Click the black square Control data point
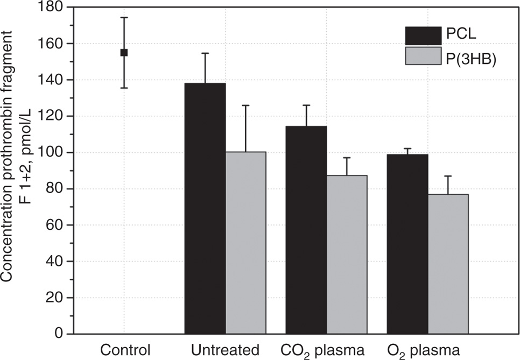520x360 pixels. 124,52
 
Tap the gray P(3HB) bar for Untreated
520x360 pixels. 245,243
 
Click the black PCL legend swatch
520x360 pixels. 423,36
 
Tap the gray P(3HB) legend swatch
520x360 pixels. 423,56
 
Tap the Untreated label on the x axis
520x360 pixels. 226,350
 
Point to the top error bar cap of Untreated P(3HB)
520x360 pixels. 245,105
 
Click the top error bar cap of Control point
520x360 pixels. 124,18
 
